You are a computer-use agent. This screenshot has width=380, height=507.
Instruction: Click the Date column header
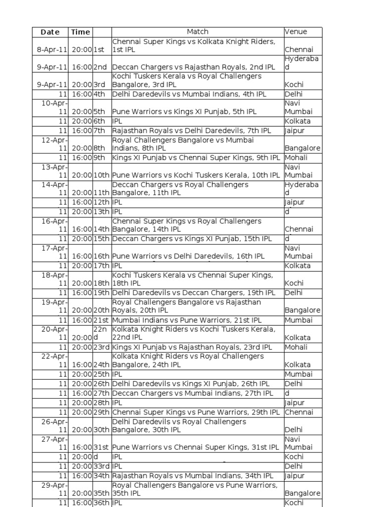point(50,32)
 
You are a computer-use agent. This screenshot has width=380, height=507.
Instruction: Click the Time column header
point(81,32)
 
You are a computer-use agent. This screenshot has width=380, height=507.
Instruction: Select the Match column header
point(197,32)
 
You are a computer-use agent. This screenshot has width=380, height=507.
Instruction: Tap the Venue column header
point(296,32)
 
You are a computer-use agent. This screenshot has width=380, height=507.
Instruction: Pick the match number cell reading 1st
point(99,50)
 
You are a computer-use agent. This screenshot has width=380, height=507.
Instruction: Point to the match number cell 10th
point(101,175)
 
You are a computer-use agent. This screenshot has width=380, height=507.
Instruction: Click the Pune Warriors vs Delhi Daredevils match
point(189,256)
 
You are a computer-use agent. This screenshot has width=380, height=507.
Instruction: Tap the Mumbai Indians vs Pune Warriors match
point(187,320)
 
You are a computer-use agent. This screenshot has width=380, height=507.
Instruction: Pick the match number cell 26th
point(101,384)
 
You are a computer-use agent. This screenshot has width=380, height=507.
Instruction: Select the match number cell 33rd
point(101,466)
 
